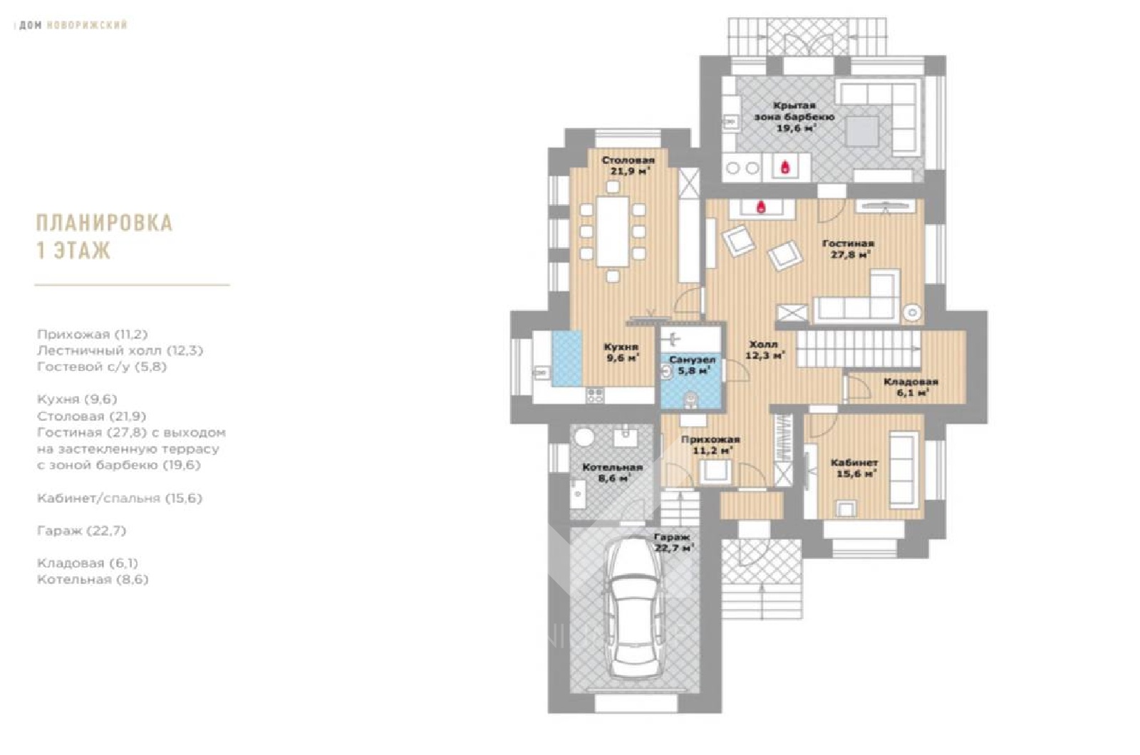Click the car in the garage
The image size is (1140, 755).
click(x=631, y=608)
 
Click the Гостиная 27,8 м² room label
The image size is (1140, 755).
click(x=848, y=249)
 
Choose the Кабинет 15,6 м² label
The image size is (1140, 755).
click(x=854, y=468)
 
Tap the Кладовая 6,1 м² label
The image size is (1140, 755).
click(x=911, y=387)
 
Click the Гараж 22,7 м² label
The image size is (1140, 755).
click(x=673, y=542)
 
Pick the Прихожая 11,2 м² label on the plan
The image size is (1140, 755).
click(x=710, y=444)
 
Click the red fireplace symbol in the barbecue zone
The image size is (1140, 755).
click(x=785, y=167)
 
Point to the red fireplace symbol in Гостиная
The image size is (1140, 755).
click(x=761, y=207)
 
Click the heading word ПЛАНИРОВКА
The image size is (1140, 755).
click(x=104, y=224)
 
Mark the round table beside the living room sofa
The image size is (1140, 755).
click(x=913, y=313)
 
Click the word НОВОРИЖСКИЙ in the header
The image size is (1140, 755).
click(x=86, y=25)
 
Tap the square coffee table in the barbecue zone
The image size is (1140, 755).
click(x=862, y=132)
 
